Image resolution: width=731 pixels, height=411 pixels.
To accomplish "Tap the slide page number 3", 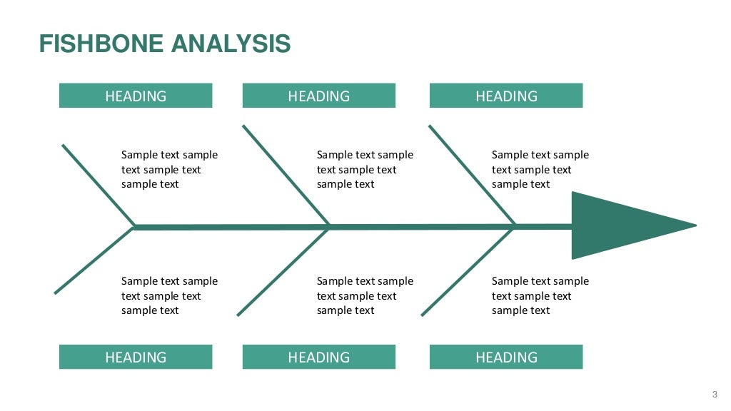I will tap(715, 395).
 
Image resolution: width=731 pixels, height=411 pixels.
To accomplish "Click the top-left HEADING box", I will tap(136, 96).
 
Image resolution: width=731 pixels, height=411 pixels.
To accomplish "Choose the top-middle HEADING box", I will tap(318, 96).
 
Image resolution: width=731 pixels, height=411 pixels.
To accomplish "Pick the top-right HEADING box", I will tap(506, 96).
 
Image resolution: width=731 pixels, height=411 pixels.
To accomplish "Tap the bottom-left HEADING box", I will tap(136, 357).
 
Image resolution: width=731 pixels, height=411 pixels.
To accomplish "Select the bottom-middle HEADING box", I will tap(318, 357).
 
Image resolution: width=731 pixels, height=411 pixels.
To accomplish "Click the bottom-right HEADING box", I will tap(506, 357).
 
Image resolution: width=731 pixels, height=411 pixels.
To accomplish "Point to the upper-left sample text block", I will tap(169, 169).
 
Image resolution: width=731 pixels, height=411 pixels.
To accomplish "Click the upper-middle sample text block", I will tap(365, 169).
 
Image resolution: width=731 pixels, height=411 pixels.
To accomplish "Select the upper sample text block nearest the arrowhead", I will tap(540, 169).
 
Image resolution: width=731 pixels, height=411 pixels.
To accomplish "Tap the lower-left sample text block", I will tap(169, 295).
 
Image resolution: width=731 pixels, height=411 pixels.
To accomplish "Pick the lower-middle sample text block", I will tap(365, 295).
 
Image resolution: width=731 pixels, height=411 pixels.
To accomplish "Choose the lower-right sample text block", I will tap(540, 295).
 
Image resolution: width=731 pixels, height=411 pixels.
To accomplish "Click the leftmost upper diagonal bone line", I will tap(98, 186).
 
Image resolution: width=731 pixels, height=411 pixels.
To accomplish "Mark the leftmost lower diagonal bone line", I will tap(94, 260).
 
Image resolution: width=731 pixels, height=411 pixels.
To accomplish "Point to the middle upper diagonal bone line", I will tap(286, 176).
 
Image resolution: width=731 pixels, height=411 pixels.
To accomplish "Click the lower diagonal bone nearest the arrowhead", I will tap(468, 271).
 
